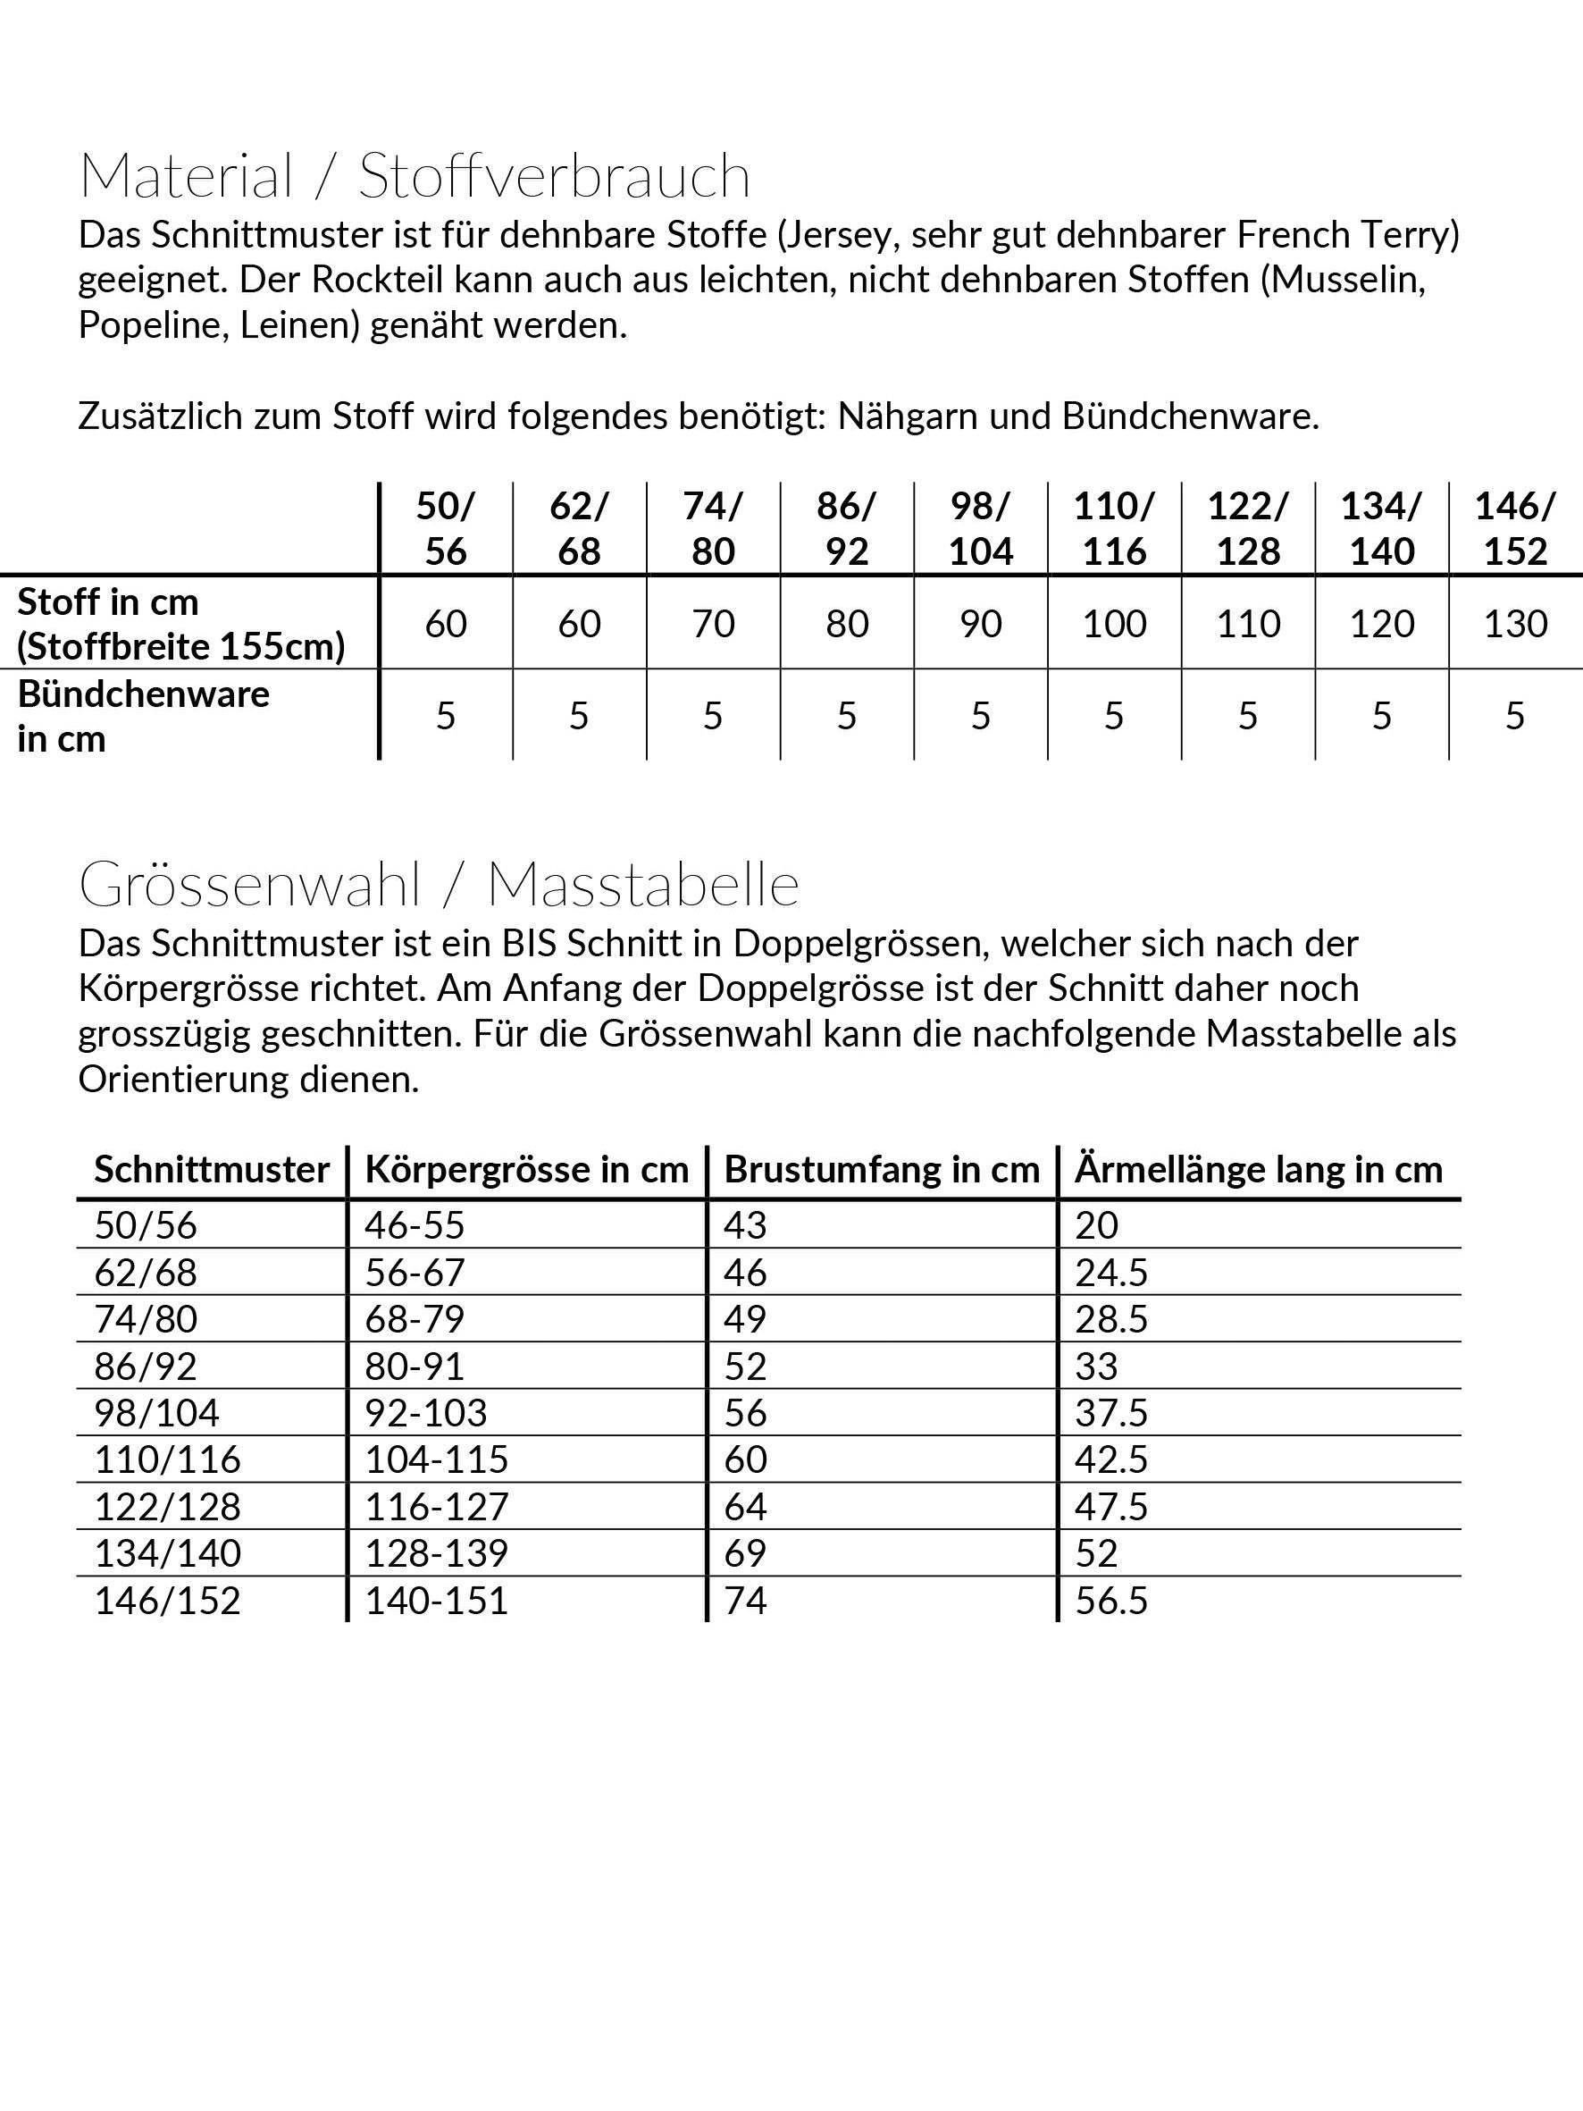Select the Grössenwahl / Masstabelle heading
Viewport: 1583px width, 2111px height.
tap(439, 885)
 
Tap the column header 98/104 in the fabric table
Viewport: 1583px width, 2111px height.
tap(981, 529)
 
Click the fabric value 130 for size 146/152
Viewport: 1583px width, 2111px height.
tap(1515, 624)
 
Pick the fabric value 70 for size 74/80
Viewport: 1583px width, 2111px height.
tap(713, 624)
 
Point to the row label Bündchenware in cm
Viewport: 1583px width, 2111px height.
tap(143, 716)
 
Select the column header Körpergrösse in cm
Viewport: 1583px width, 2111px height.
tap(527, 1170)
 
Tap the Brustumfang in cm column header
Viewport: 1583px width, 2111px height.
tap(882, 1170)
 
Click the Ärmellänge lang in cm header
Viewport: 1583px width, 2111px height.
tap(1259, 1170)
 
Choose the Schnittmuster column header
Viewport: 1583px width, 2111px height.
tap(212, 1170)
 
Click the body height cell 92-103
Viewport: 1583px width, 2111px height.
tap(425, 1413)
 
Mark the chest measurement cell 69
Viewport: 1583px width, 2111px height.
tap(745, 1553)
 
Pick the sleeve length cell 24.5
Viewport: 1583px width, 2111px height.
tap(1110, 1273)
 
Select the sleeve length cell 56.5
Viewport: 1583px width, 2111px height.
tap(1110, 1601)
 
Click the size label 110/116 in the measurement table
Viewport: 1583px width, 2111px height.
tap(168, 1460)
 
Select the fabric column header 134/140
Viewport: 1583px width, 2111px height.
tap(1382, 529)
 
